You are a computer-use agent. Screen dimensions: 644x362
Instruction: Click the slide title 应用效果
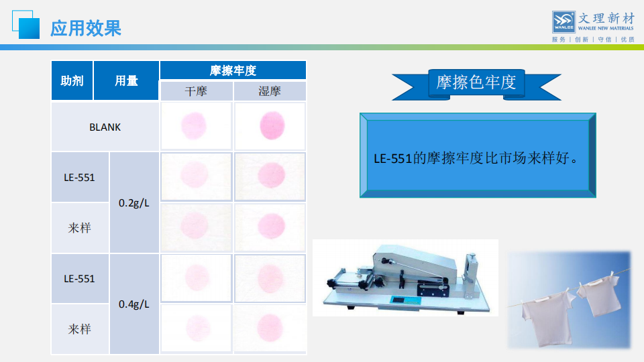(85, 28)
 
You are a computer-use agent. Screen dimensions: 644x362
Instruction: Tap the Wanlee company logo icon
(563, 21)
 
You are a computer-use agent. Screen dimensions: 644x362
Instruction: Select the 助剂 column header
(72, 80)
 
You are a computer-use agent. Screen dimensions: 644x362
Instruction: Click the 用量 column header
(126, 80)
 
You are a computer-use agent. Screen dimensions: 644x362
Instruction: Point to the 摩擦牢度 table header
(233, 70)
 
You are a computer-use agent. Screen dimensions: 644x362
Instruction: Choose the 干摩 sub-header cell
(197, 91)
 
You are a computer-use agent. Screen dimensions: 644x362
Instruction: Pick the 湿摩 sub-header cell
(270, 91)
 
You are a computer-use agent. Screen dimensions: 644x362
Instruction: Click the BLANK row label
(105, 127)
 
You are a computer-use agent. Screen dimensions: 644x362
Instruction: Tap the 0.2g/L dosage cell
(134, 202)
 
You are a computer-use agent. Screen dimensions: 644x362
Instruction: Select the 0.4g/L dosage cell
(134, 304)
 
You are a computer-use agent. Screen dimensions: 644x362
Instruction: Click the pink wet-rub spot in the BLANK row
(272, 125)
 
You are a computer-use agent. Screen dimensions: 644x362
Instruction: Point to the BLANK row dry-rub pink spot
(194, 125)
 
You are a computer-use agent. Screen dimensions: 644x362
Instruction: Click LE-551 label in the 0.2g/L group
(79, 177)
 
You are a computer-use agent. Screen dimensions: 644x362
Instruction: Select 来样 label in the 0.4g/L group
(79, 329)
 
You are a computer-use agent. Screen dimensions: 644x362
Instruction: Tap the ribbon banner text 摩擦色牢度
(476, 82)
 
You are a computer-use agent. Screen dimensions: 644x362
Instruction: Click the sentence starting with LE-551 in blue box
(476, 158)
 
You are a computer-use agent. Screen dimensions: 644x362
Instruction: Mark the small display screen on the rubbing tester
(398, 300)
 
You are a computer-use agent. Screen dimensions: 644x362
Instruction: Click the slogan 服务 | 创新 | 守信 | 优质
(593, 40)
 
